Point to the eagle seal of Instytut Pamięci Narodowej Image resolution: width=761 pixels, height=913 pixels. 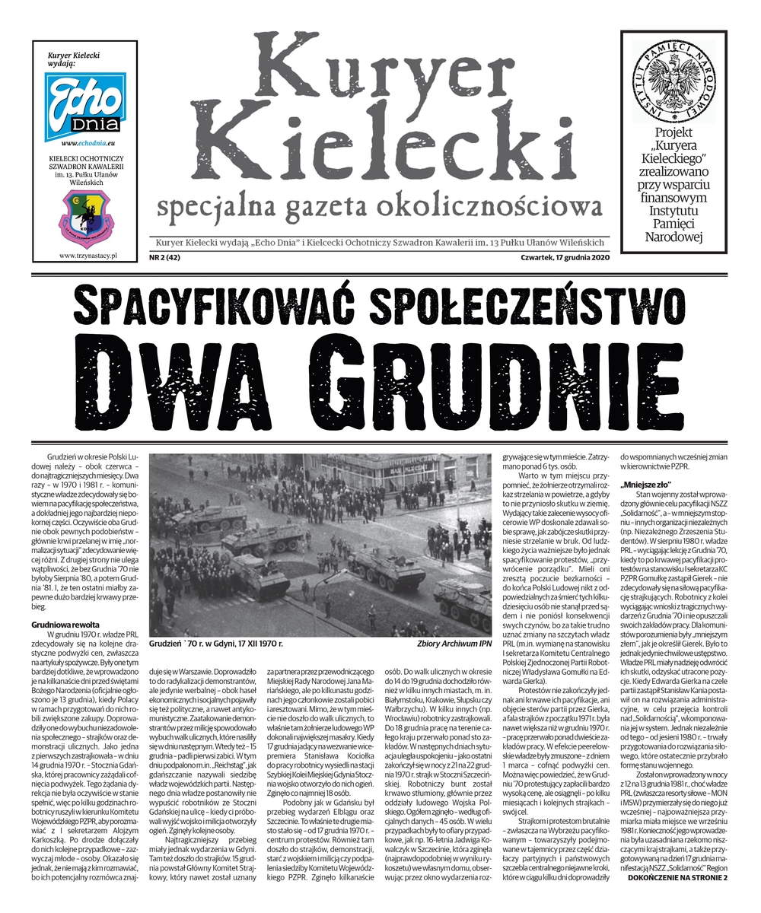click(674, 78)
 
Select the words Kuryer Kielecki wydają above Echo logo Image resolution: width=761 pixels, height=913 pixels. click(74, 59)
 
